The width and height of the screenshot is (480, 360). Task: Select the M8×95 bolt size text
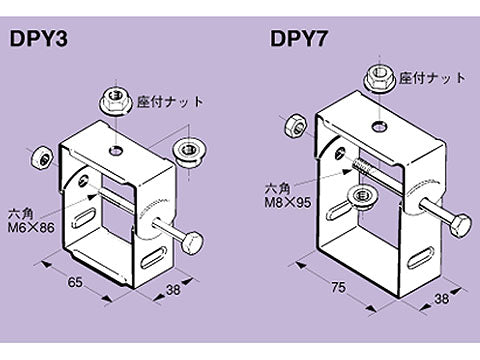287,199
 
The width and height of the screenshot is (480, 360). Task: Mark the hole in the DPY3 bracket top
117,150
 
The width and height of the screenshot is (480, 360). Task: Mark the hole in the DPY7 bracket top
379,126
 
